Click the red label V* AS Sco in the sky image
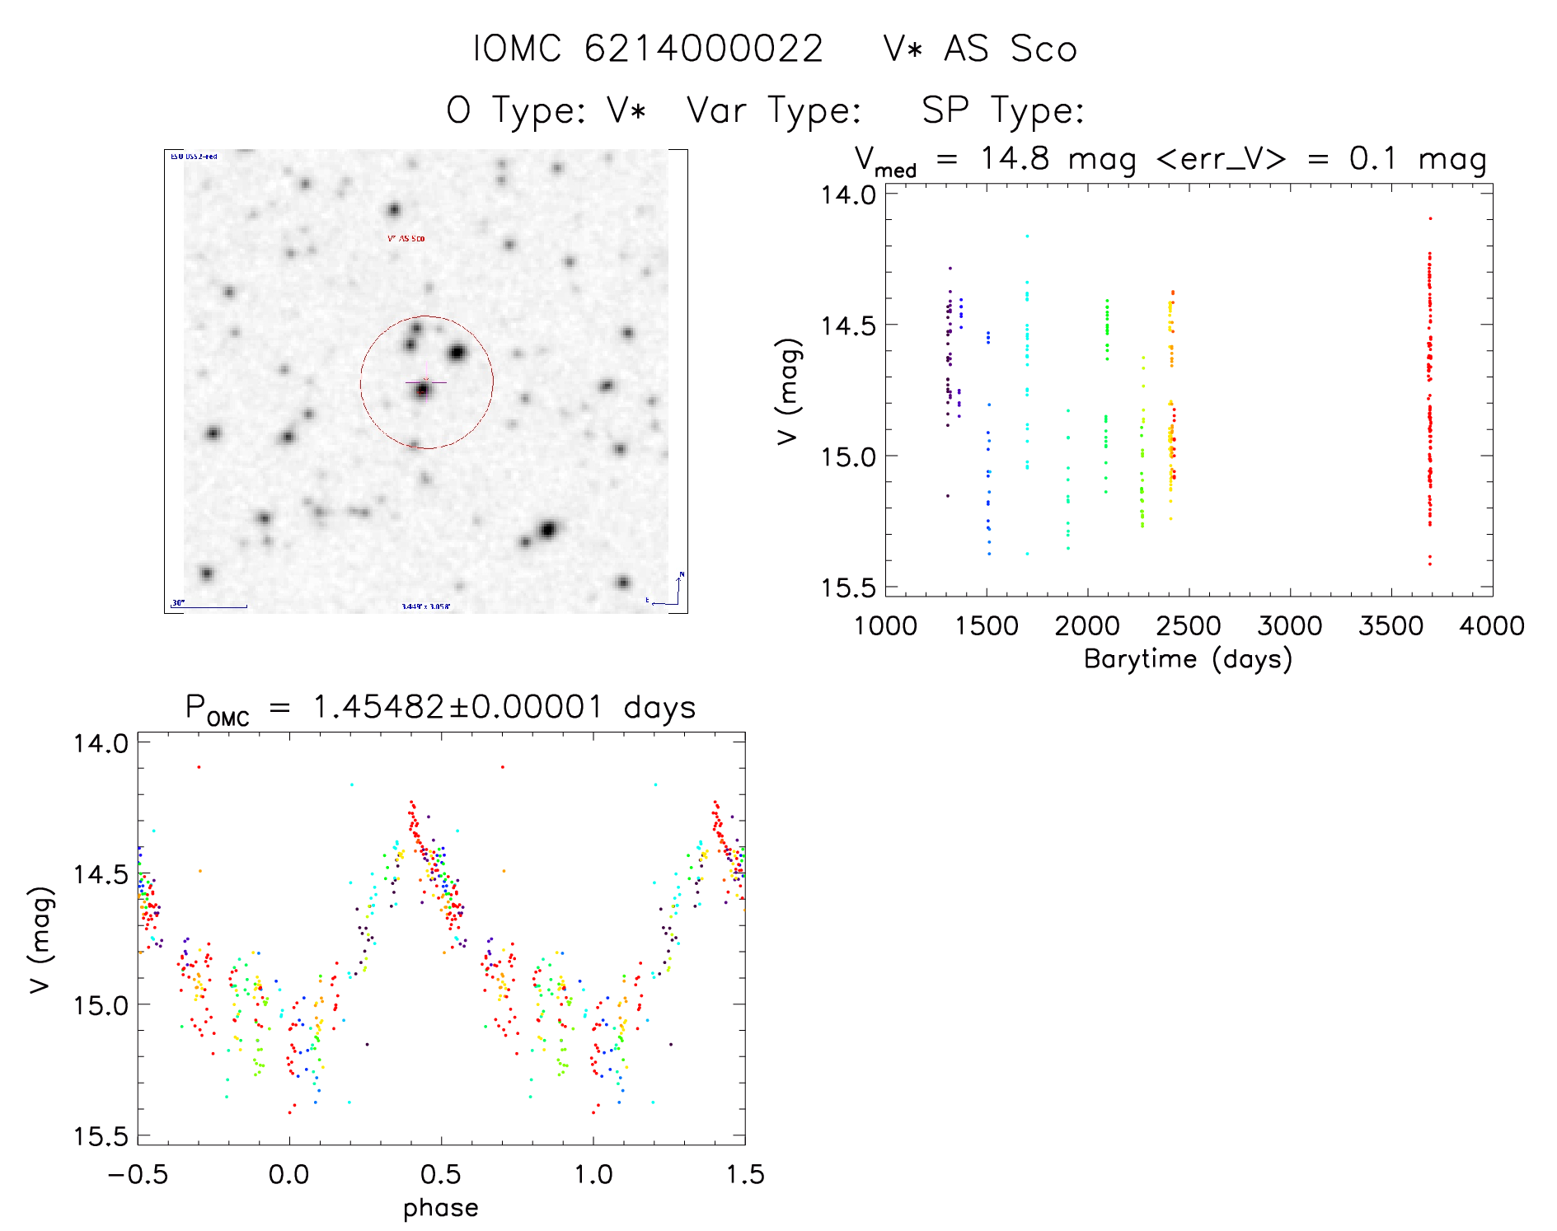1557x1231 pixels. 406,238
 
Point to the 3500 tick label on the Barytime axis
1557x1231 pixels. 1391,626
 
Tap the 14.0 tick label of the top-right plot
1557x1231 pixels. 847,195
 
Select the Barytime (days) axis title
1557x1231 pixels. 1188,659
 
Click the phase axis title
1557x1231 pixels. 440,1207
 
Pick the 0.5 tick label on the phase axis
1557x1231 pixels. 441,1174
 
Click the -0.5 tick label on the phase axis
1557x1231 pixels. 137,1174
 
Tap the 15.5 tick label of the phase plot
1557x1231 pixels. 101,1136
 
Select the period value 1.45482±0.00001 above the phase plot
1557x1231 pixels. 457,708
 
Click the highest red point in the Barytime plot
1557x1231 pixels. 1430,219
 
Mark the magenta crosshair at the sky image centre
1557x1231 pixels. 425,381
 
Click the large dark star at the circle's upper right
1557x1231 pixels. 457,353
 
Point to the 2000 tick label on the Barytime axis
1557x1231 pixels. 1087,626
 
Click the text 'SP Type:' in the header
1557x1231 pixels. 1002,110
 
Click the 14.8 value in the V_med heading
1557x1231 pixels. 1015,158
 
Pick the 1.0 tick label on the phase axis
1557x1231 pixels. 593,1174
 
